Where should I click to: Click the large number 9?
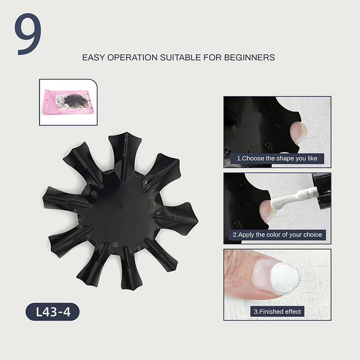28,34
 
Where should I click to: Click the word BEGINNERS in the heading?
249,58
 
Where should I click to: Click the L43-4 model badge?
53,312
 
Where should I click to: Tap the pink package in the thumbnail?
68,102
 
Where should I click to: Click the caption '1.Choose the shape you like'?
277,158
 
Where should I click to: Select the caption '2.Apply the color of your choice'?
277,234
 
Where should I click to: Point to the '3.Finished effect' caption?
277,311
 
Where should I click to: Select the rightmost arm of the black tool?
177,218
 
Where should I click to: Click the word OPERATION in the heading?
132,58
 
